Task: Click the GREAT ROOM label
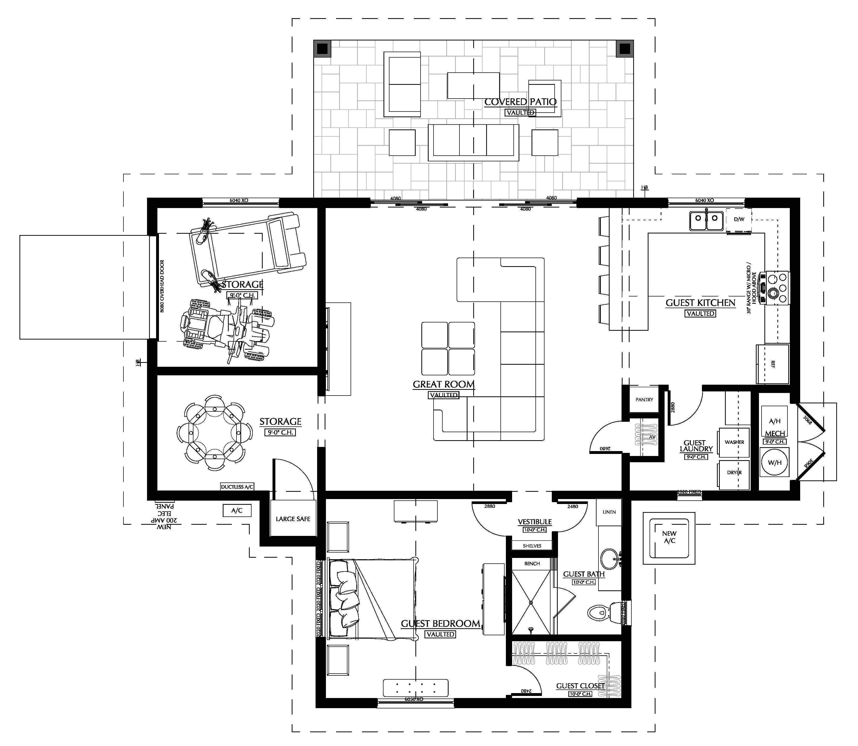(444, 384)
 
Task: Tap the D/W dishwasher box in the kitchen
(739, 219)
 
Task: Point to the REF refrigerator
(773, 364)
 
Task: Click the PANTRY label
(644, 400)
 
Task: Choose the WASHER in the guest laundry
(734, 442)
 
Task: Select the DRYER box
(734, 473)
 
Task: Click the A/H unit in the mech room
(774, 421)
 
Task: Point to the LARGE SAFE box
(293, 519)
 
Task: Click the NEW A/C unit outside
(669, 537)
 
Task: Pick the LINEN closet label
(609, 512)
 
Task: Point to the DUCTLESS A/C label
(237, 487)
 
